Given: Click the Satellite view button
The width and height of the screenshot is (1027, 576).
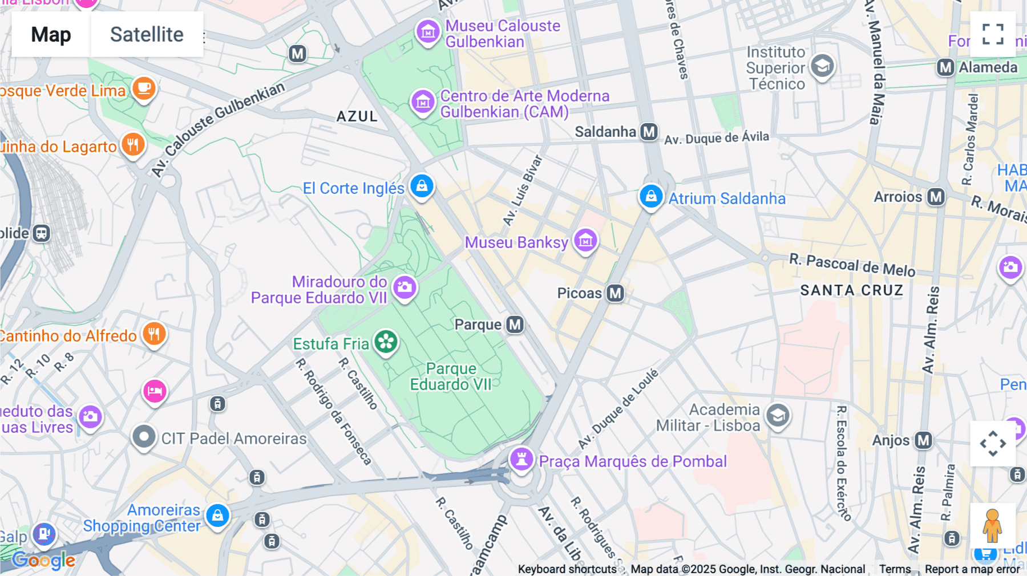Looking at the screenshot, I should tap(147, 34).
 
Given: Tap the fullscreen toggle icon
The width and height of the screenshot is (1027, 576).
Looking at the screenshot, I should tap(993, 34).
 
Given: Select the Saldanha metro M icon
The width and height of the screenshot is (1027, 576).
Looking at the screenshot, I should tap(649, 132).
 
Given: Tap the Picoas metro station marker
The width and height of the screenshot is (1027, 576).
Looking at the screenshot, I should tap(615, 293).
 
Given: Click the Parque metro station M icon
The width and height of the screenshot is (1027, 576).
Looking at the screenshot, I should tap(515, 324).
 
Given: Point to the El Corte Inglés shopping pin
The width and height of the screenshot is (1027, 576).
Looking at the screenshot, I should tap(422, 186).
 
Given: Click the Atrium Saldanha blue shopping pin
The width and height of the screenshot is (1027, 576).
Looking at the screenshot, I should tap(650, 196).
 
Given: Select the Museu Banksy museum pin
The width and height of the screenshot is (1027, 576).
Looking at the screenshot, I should tap(585, 241).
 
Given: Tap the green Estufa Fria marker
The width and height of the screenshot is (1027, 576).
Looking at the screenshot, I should tap(386, 342).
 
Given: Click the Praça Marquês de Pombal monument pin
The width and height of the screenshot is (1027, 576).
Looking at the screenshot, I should tap(521, 459).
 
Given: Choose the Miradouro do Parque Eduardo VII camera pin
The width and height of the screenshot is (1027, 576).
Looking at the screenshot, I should tap(405, 287).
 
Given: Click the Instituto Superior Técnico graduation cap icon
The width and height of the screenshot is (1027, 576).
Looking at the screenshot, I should tap(822, 66).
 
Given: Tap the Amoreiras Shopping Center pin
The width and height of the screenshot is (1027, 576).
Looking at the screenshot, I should tap(217, 516).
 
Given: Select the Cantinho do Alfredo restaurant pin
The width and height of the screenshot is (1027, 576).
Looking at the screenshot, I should tap(154, 334).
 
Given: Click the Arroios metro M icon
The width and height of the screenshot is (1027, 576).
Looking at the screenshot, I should tap(936, 197).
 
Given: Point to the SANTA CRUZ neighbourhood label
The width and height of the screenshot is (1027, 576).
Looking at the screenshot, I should tap(851, 290).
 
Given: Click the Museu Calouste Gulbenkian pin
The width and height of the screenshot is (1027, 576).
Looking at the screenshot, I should tap(428, 32).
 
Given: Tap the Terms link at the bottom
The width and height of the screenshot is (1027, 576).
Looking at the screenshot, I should tap(895, 569).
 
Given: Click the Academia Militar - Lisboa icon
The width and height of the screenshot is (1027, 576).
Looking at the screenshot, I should tap(778, 416).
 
